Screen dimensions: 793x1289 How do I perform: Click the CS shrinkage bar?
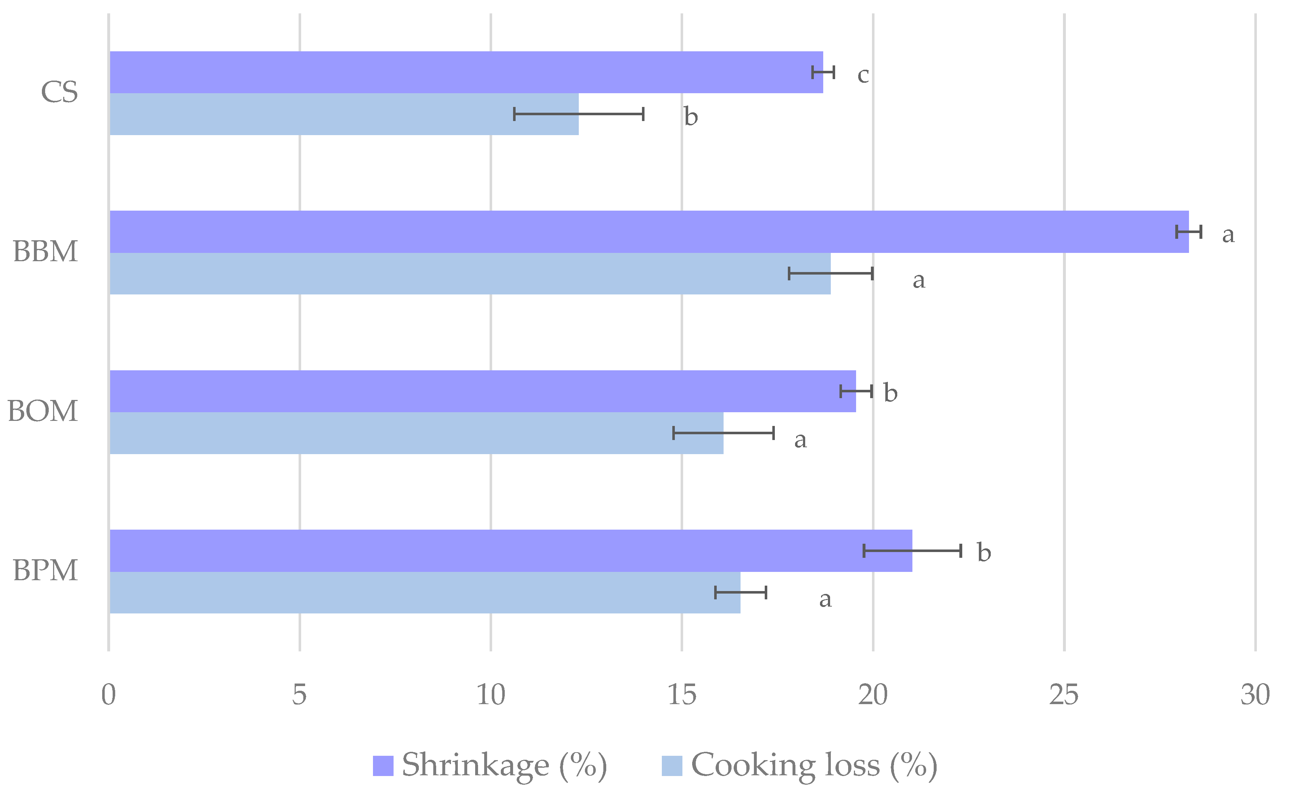pyautogui.click(x=466, y=72)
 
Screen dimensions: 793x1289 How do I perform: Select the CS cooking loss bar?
pyautogui.click(x=344, y=114)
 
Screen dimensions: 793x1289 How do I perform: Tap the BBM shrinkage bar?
pyautogui.click(x=649, y=232)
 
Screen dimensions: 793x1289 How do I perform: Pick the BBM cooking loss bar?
pyautogui.click(x=470, y=274)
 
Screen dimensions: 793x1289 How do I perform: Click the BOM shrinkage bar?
pyautogui.click(x=482, y=391)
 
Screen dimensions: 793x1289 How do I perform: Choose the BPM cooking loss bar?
pyautogui.click(x=425, y=592)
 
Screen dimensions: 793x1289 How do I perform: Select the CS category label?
pyautogui.click(x=59, y=93)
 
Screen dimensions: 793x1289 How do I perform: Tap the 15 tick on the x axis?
pyautogui.click(x=681, y=695)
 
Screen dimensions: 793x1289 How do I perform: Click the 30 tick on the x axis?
pyautogui.click(x=1255, y=695)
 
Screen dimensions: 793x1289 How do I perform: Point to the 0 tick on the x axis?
pyautogui.click(x=109, y=695)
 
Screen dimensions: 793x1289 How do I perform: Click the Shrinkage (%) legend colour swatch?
pyautogui.click(x=383, y=766)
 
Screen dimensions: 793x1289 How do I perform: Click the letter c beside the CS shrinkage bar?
pyautogui.click(x=863, y=76)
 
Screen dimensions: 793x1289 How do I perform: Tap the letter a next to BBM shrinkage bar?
pyautogui.click(x=1228, y=234)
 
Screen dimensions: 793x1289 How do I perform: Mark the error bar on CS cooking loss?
pyautogui.click(x=579, y=114)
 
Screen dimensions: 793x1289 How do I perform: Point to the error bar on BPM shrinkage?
pyautogui.click(x=912, y=551)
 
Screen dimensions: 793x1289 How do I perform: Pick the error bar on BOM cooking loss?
pyautogui.click(x=723, y=433)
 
